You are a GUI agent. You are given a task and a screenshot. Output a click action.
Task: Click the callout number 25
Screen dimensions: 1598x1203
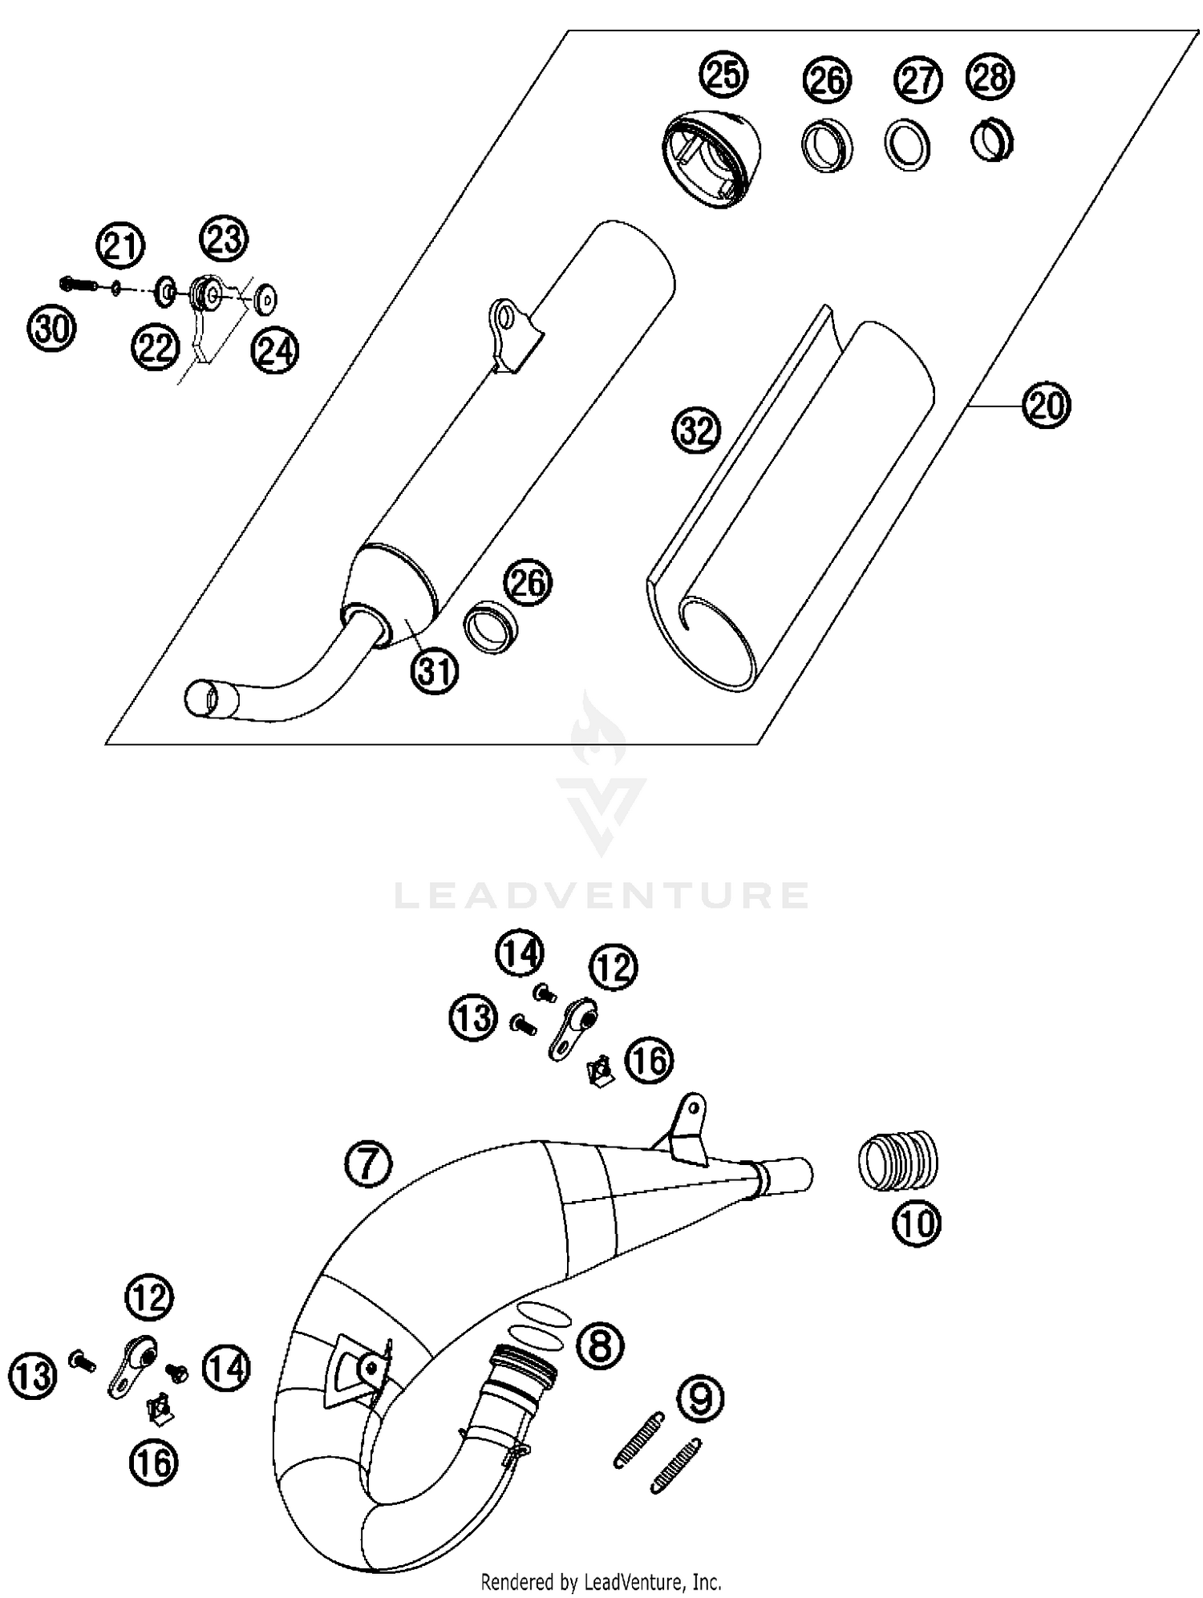click(723, 74)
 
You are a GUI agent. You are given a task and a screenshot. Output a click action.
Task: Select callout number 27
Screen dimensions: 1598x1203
click(917, 79)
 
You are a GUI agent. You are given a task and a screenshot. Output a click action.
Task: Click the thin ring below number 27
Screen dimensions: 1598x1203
click(908, 145)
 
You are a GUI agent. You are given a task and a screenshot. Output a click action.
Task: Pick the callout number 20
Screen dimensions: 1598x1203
click(1047, 407)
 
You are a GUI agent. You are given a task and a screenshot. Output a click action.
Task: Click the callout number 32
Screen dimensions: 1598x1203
click(696, 431)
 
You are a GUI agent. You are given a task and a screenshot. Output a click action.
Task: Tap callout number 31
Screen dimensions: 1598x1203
click(435, 670)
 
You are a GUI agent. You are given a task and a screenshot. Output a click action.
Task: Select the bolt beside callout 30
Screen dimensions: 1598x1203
click(78, 283)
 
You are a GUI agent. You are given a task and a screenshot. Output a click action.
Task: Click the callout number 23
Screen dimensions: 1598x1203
click(224, 239)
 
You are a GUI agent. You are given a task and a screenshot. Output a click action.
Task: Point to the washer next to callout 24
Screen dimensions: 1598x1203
click(264, 300)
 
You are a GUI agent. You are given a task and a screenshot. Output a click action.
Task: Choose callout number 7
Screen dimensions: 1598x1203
click(368, 1165)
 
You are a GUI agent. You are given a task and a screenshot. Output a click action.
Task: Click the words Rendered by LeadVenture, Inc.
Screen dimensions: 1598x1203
click(601, 1582)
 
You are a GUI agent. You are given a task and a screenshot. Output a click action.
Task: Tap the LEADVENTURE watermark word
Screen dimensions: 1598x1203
click(601, 895)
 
